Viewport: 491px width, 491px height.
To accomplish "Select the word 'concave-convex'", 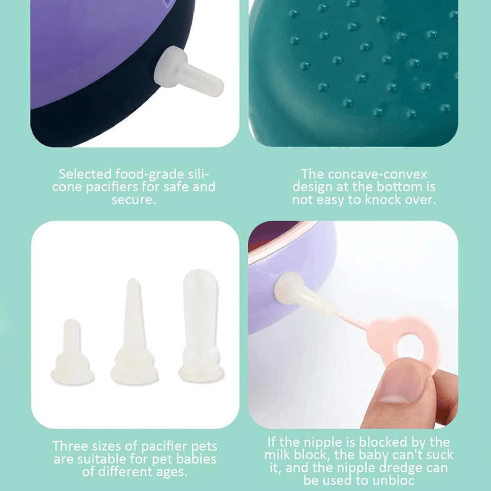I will click(x=364, y=174).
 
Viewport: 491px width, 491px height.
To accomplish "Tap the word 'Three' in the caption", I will click(x=70, y=446).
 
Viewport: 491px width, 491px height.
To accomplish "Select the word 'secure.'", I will click(x=134, y=199).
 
